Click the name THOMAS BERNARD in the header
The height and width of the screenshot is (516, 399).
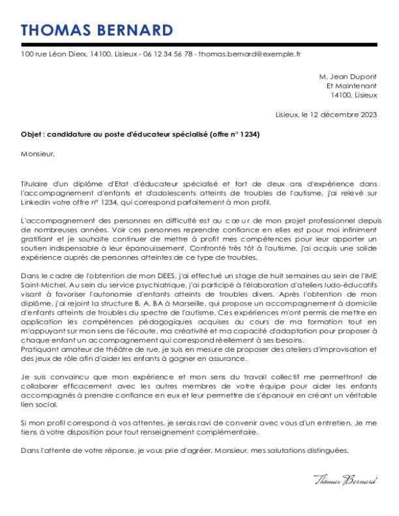(97, 31)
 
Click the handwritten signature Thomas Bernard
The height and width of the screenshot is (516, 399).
(346, 480)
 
